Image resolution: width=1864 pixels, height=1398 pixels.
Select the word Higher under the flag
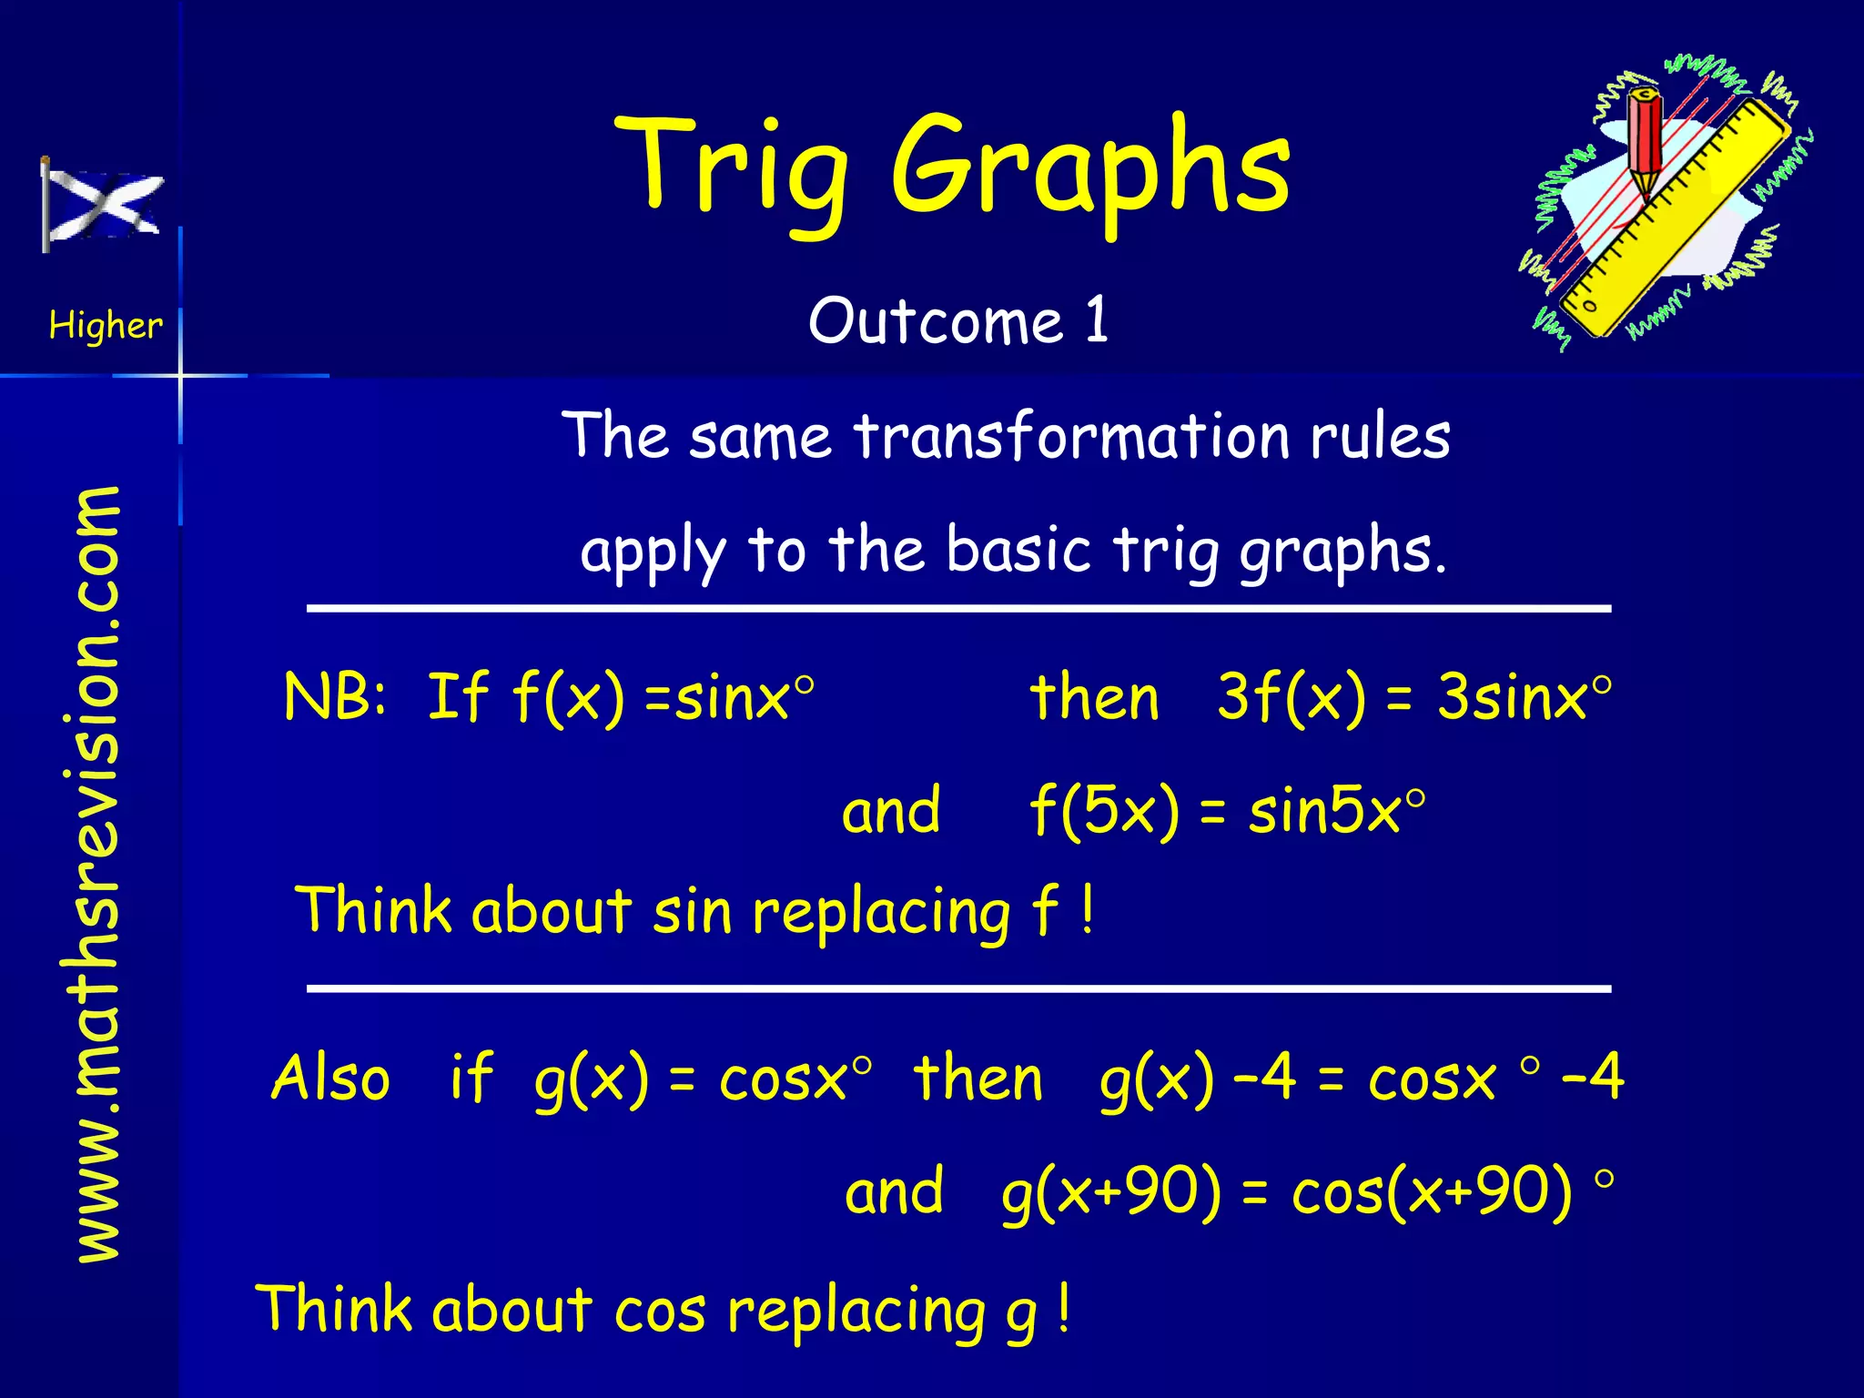(x=106, y=325)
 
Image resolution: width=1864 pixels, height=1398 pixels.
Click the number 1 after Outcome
(x=1097, y=320)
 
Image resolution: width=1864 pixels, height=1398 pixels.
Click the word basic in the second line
(x=1018, y=550)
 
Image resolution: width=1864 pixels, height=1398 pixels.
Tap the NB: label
(x=335, y=697)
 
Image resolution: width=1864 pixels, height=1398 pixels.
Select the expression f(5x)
(x=1103, y=810)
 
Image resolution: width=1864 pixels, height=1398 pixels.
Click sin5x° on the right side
(x=1335, y=810)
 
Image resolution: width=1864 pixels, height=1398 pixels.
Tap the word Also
(x=330, y=1078)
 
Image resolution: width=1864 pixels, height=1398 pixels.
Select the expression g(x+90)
(x=1110, y=1192)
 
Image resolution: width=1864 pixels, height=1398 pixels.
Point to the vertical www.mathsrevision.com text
(x=97, y=874)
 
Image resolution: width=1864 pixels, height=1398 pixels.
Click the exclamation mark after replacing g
(x=1063, y=1309)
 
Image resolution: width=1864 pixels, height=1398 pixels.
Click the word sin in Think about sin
(x=692, y=910)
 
